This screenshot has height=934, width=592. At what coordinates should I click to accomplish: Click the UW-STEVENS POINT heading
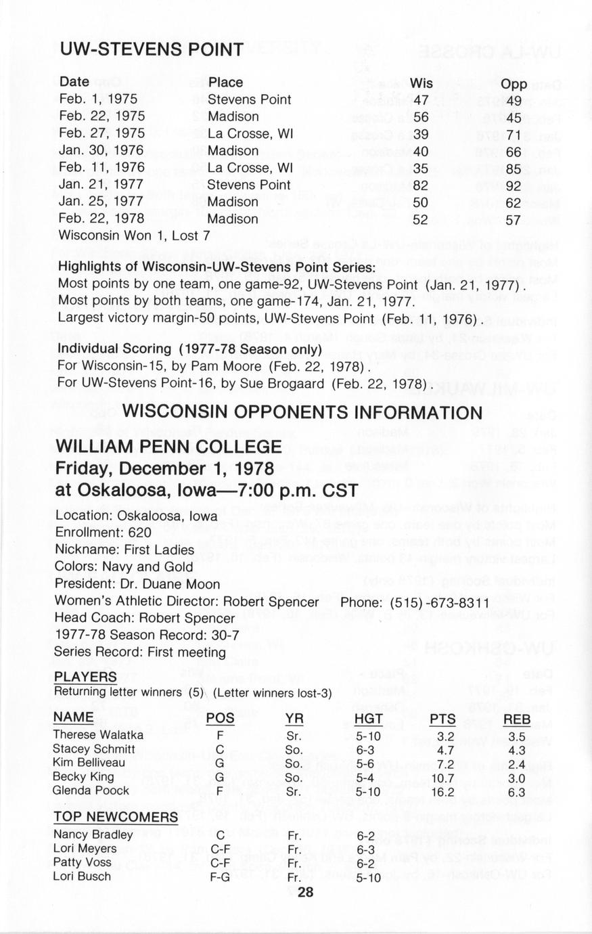[x=151, y=49]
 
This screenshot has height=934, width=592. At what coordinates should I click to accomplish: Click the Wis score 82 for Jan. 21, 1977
[x=422, y=185]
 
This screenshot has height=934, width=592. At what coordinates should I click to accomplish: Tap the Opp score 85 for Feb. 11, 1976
[x=514, y=168]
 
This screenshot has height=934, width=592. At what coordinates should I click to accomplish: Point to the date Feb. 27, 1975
[x=101, y=133]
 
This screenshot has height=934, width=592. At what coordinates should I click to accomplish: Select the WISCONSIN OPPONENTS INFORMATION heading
[x=302, y=412]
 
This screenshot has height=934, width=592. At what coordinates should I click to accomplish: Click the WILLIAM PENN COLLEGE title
[x=168, y=447]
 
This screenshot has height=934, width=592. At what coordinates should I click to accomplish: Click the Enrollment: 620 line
[x=103, y=533]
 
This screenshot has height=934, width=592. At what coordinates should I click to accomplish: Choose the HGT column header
[x=369, y=719]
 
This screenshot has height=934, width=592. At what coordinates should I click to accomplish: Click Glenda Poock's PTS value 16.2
[x=442, y=791]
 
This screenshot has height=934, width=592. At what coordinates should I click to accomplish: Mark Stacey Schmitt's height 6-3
[x=369, y=749]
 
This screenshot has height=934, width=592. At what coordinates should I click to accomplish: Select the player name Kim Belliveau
[x=89, y=763]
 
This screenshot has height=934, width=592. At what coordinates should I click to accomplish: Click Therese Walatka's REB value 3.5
[x=517, y=736]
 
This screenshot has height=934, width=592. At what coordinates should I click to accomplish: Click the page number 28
[x=305, y=892]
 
